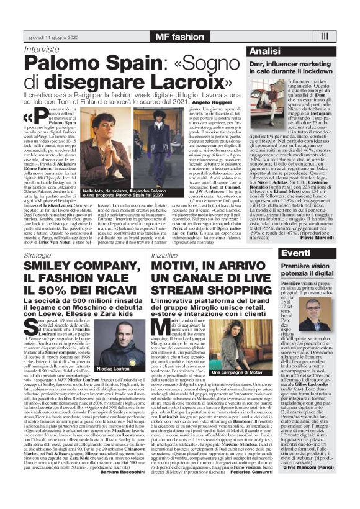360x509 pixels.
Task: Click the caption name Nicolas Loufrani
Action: point(117,369)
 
